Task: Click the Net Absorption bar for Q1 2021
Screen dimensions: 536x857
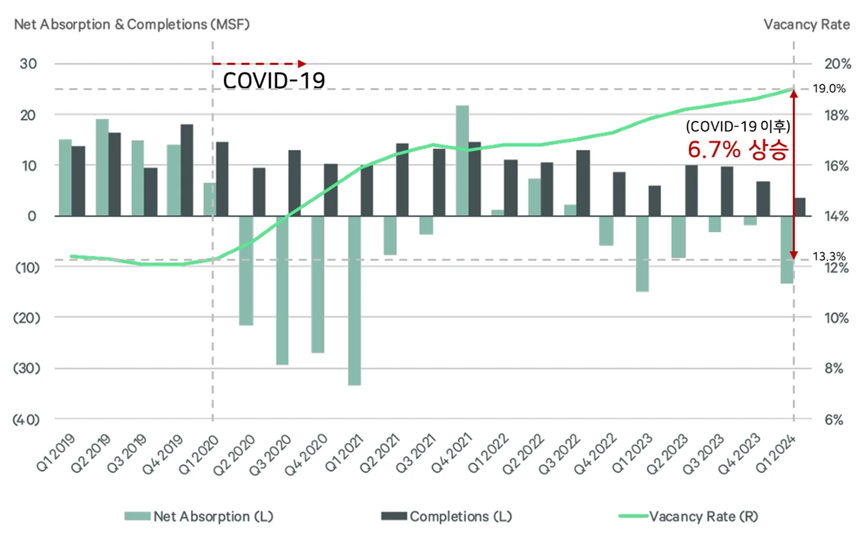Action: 354,300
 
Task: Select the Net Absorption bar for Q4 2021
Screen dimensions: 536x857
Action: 462,160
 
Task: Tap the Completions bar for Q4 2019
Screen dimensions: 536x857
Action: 186,170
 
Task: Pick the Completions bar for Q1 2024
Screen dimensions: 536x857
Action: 800,207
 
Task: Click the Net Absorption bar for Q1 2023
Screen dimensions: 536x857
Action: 642,253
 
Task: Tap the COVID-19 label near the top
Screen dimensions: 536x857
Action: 274,81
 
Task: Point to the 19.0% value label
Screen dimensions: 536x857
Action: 829,89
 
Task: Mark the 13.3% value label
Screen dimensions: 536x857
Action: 829,257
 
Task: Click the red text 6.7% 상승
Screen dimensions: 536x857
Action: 738,150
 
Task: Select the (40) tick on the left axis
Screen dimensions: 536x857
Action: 27,419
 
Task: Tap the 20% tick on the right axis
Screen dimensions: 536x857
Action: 837,64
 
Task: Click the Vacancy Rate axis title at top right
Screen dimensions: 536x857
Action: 807,25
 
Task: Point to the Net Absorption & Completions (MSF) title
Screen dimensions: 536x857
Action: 132,25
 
